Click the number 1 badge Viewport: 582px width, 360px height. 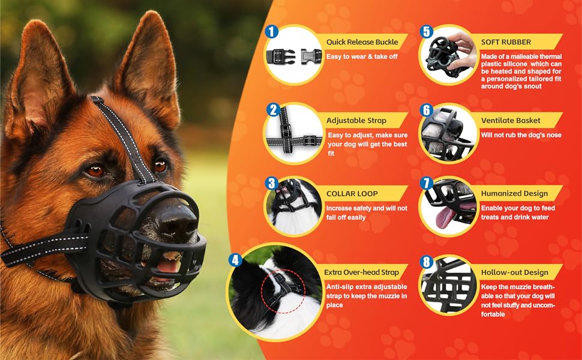click(272, 31)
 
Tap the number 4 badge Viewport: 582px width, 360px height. click(235, 260)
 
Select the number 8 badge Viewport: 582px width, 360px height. click(427, 262)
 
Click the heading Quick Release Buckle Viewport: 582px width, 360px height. click(361, 42)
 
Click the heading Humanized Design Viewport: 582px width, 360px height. click(514, 194)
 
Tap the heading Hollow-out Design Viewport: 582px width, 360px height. click(514, 272)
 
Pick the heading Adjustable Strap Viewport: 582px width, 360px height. click(356, 121)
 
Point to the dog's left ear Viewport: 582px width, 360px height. click(147, 66)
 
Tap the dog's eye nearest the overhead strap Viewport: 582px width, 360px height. click(160, 164)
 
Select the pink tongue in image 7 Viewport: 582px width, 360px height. click(445, 218)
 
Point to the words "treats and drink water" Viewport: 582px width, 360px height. click(514, 217)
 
